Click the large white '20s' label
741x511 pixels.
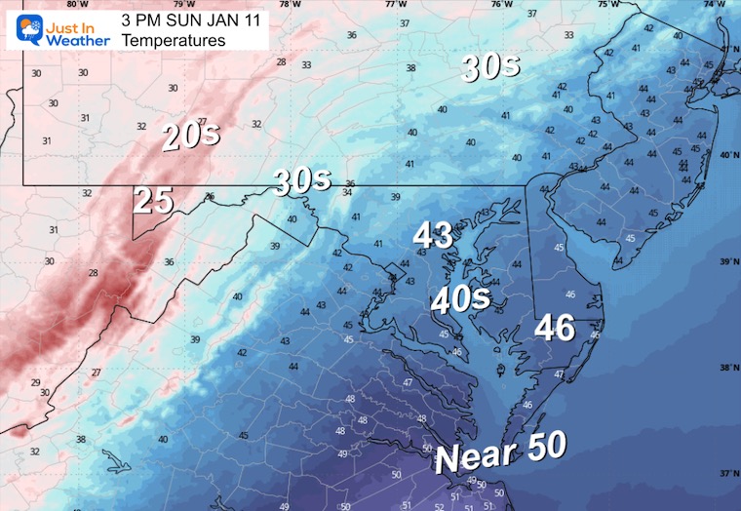click(x=191, y=137)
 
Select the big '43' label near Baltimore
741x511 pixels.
click(x=433, y=235)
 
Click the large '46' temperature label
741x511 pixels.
click(x=553, y=328)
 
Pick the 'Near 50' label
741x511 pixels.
click(x=500, y=453)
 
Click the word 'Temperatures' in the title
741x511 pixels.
click(x=174, y=41)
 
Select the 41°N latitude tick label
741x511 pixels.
click(x=728, y=49)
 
